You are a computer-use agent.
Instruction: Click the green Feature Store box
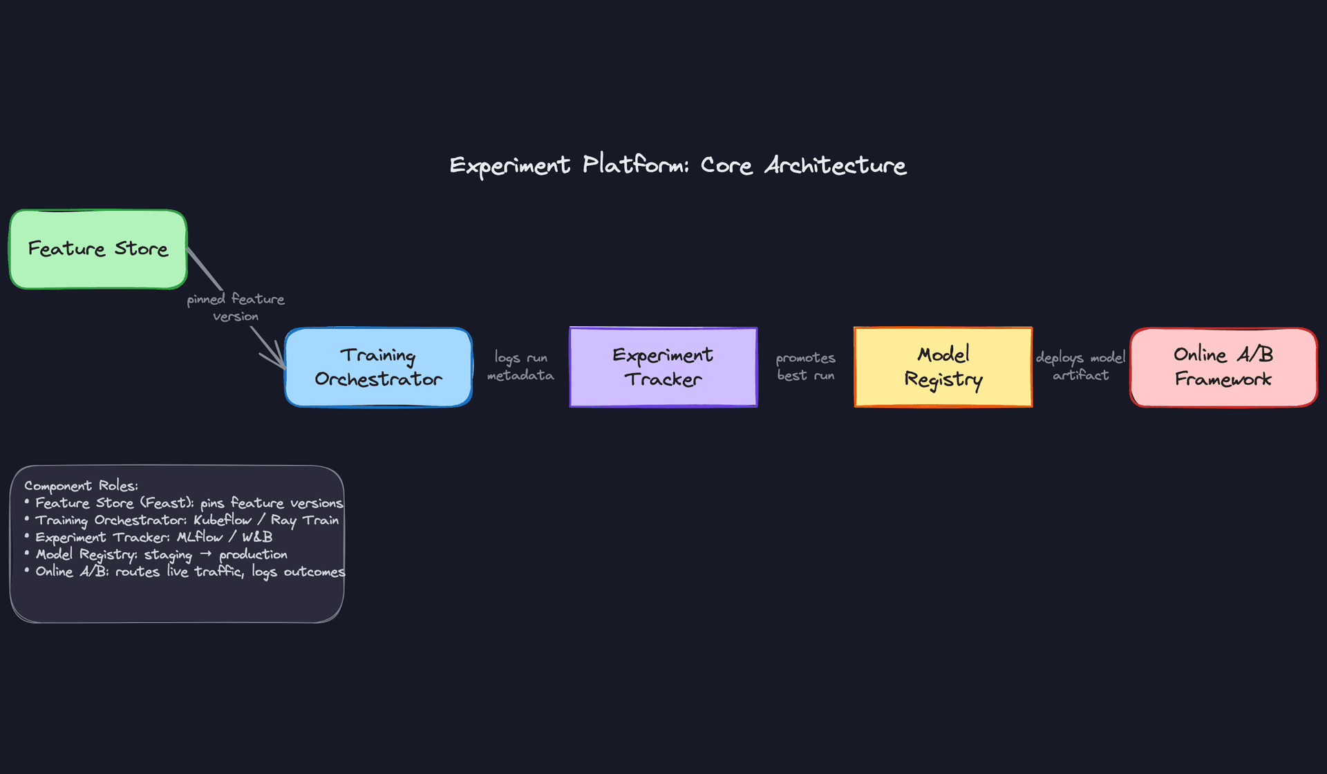point(97,249)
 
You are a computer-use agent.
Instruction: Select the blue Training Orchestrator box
point(378,367)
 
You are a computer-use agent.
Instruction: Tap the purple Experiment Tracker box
point(663,367)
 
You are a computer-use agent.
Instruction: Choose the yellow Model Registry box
point(943,367)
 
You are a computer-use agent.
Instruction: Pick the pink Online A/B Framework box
point(1223,367)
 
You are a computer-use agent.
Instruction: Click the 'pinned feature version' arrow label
point(235,308)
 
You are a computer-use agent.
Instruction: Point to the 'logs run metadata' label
point(520,366)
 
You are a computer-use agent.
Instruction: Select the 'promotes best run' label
point(805,366)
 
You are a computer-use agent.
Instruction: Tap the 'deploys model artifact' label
point(1080,366)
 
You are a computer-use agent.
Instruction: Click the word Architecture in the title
point(835,166)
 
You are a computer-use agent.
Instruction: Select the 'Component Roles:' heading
point(81,486)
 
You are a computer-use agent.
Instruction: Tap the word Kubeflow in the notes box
point(223,520)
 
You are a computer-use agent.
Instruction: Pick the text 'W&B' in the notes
point(257,537)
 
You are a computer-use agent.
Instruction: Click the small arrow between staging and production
point(205,554)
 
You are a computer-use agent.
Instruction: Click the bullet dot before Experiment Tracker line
point(27,536)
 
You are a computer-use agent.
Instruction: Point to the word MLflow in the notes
point(200,537)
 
